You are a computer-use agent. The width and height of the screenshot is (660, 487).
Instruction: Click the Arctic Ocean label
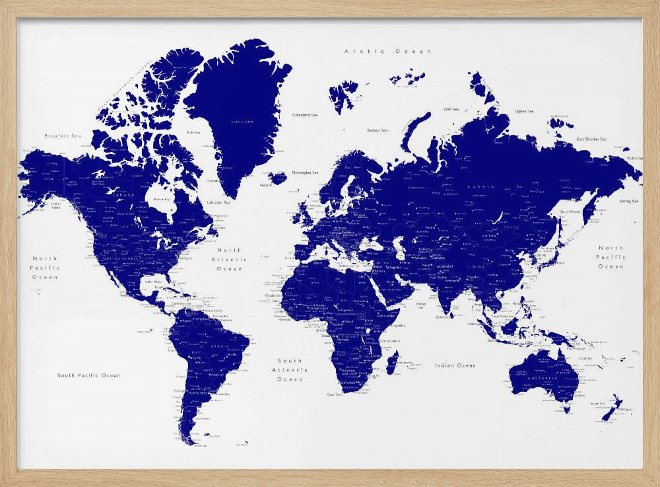388,51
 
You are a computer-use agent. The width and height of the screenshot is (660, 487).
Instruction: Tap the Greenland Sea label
305,115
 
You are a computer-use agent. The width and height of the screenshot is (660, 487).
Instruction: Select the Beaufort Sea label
62,136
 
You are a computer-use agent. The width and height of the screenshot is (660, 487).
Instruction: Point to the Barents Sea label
378,131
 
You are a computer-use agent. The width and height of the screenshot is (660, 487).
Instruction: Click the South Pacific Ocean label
88,375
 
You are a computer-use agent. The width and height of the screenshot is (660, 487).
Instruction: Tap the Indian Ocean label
455,365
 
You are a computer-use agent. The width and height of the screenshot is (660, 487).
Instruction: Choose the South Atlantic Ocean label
290,370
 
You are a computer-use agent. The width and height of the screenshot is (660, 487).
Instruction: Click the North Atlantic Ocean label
230,260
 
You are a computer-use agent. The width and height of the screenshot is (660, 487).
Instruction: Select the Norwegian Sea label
306,172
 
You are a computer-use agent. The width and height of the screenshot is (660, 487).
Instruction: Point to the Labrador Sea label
218,202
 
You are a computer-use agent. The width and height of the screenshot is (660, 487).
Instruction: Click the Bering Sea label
628,201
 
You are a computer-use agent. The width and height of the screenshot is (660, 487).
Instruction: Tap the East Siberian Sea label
591,139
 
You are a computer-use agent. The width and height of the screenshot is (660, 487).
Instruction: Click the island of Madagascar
392,361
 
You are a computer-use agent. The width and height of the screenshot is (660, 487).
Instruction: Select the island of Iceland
277,178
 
